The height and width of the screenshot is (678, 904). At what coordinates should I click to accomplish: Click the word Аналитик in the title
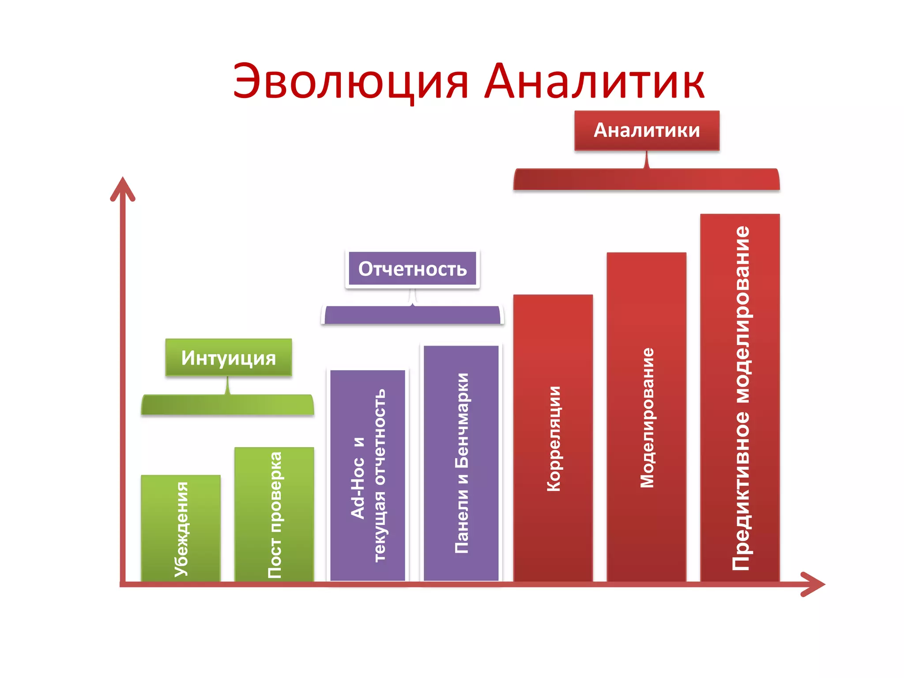[x=594, y=82]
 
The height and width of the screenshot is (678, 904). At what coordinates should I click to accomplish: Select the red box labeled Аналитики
[x=647, y=130]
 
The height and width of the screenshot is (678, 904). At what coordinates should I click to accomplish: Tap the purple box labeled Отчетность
[x=412, y=269]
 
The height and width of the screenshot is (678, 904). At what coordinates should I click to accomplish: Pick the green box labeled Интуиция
[x=228, y=358]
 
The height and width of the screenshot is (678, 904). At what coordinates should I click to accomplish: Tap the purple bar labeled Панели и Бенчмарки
[x=461, y=463]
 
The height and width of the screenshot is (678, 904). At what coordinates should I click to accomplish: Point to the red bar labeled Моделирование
[x=646, y=418]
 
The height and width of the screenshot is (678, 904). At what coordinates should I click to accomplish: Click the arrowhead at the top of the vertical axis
[x=123, y=188]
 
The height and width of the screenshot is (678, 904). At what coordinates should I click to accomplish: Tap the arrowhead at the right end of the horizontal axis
[x=814, y=584]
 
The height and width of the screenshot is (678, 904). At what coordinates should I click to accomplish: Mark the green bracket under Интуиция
[x=227, y=405]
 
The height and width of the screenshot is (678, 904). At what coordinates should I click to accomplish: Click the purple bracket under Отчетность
[x=412, y=315]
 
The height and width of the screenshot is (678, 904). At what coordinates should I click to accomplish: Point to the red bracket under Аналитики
[x=646, y=180]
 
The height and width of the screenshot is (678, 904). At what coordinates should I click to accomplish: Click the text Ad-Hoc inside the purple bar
[x=358, y=488]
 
